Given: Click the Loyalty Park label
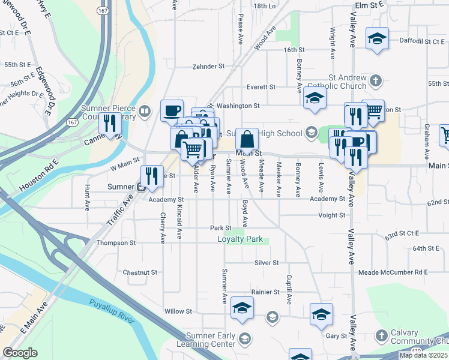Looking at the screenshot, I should tap(240, 239).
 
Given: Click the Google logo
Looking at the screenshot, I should tap(20, 353).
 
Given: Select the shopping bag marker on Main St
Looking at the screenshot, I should tap(247, 140).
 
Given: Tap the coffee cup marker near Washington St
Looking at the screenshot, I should tap(172, 110).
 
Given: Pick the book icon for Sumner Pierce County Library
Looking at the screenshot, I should tap(144, 111).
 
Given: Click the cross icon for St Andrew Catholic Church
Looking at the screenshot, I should tap(376, 80).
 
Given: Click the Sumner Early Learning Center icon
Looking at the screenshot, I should tap(244, 339).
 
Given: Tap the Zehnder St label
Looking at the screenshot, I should tap(208, 67).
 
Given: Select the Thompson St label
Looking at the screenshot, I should tap(116, 243).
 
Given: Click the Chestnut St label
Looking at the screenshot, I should tap(139, 272).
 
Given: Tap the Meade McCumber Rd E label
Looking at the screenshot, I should tap(393, 272).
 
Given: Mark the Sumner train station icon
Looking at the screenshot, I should tap(140, 187).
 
